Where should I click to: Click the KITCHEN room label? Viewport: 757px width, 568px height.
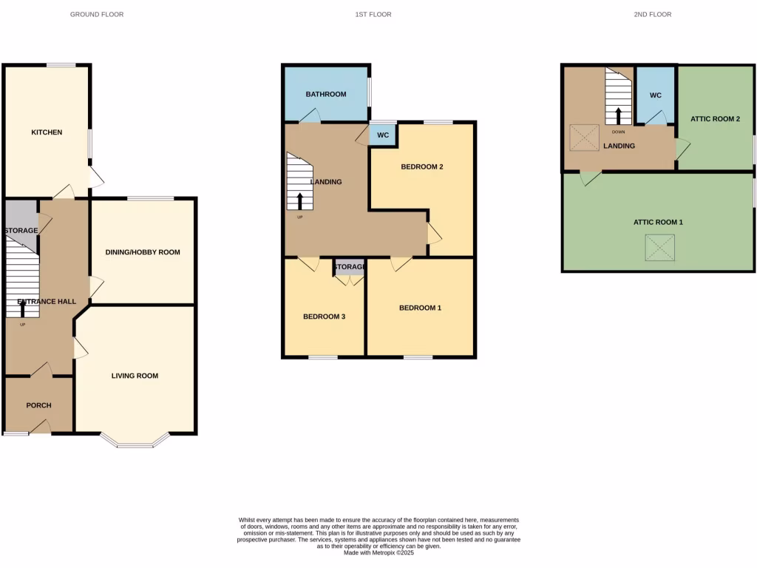coord(47,132)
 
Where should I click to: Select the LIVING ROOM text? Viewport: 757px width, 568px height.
coord(135,376)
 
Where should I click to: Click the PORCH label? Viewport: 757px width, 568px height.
coord(38,405)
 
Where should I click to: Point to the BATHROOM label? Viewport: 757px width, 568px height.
coord(326,94)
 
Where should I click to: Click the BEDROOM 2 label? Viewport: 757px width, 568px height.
coord(421,166)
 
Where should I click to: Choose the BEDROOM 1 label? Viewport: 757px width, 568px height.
coord(420,308)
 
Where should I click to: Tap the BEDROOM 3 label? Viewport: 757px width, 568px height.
coord(324,317)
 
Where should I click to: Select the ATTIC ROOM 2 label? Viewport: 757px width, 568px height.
coord(715,118)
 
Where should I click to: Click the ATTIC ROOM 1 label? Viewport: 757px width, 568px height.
coord(658,222)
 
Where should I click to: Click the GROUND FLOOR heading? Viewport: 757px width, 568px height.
coord(97,14)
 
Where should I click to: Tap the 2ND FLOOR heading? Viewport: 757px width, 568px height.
coord(653,14)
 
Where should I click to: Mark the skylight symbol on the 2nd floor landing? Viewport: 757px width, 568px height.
coord(584,136)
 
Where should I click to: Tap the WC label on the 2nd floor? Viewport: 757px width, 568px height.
coord(655,95)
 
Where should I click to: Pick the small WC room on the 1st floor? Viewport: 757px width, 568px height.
coord(383,135)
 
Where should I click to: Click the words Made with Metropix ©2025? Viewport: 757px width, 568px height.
coord(378,552)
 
